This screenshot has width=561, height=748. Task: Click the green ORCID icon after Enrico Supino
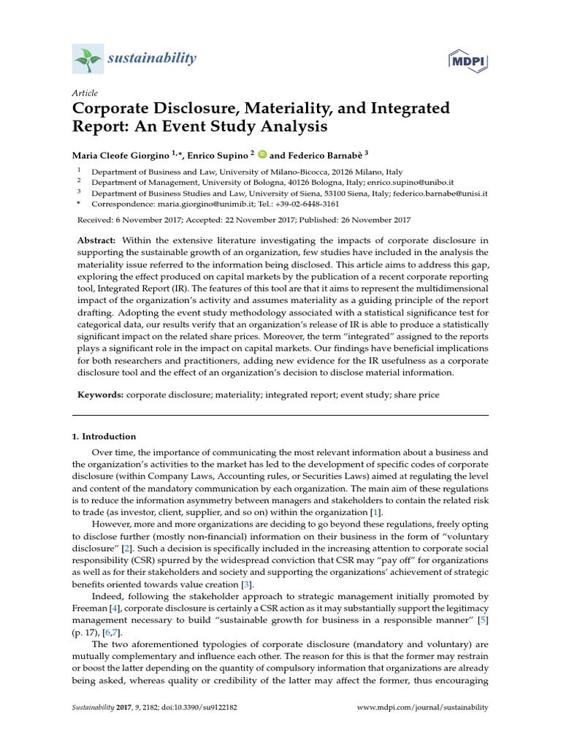click(262, 155)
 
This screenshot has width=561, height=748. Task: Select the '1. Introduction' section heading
click(104, 437)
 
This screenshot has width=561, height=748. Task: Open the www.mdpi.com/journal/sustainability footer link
click(423, 708)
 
